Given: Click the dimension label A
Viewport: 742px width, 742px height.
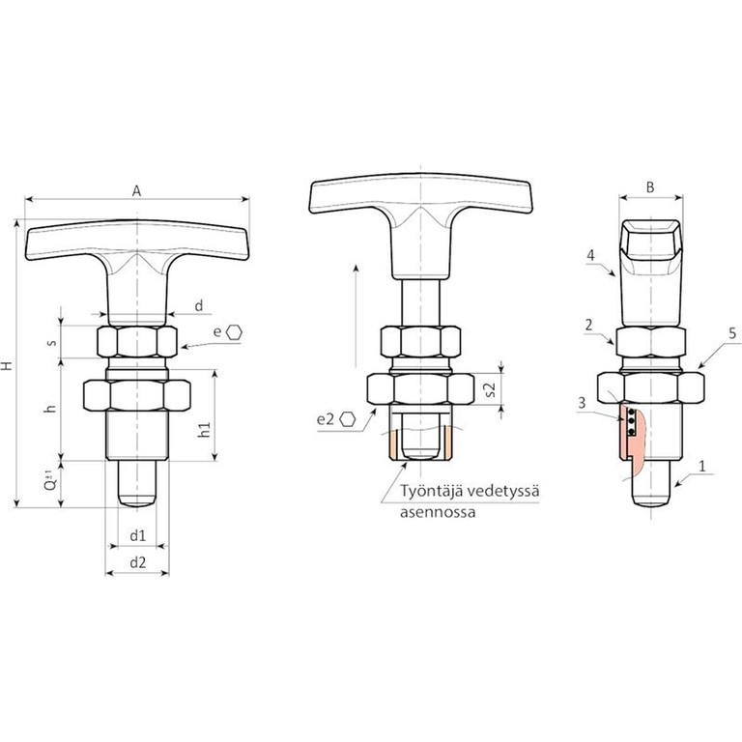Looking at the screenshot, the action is click(x=136, y=191).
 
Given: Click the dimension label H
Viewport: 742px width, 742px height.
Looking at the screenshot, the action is click(x=7, y=365).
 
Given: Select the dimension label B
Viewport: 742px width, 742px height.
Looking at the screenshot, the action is click(x=650, y=187).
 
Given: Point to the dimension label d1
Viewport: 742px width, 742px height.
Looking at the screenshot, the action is click(x=138, y=535).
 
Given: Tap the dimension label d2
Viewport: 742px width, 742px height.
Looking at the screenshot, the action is click(x=138, y=562).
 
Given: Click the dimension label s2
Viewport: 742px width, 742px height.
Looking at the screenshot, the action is click(x=490, y=389).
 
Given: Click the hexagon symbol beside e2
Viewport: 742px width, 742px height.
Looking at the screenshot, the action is click(x=348, y=419).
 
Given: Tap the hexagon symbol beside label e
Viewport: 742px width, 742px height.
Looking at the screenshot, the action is click(x=234, y=332).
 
